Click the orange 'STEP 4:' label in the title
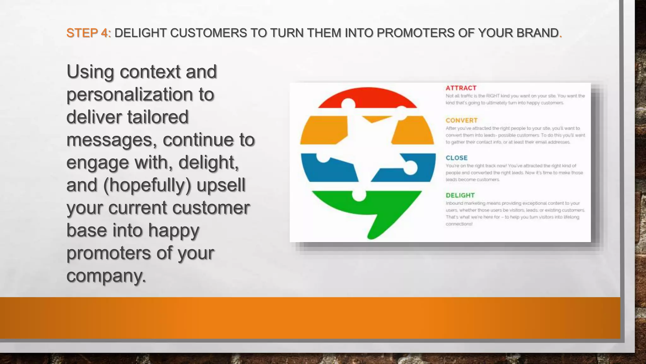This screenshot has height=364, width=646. [x=88, y=33]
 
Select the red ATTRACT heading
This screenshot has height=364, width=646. [x=461, y=88]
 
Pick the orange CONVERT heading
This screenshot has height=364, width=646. [x=461, y=120]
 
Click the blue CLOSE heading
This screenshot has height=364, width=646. [x=456, y=158]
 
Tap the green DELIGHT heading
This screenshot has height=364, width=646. [x=460, y=195]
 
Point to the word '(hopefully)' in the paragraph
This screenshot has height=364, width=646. [x=147, y=185]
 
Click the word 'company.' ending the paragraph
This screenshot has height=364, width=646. [x=106, y=276]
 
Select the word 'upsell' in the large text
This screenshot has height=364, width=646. [x=221, y=185]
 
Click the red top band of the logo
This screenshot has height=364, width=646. [x=367, y=96]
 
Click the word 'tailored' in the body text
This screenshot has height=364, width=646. [x=158, y=117]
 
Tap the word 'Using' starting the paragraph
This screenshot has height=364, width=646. [x=90, y=72]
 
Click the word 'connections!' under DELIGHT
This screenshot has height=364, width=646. [x=459, y=224]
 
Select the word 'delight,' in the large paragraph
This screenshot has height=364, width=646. [x=208, y=162]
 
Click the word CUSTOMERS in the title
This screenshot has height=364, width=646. [x=208, y=33]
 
